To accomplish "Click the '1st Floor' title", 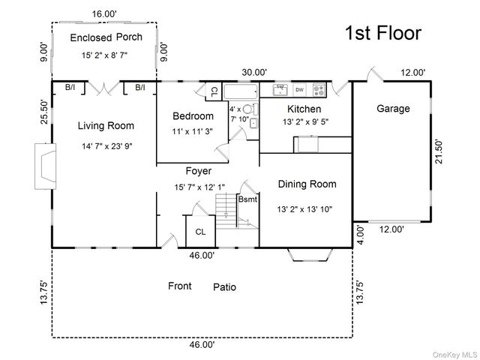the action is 383,33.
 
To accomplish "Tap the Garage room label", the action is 393,109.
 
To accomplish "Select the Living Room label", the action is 106,126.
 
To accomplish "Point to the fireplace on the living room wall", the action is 45,166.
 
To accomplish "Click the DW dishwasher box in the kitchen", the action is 300,90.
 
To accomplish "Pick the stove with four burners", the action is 319,90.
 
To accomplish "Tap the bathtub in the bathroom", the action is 241,91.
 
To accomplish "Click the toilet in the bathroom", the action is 250,109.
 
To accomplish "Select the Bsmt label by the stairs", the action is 247,199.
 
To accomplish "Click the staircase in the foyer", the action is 226,211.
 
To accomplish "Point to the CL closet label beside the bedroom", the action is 214,91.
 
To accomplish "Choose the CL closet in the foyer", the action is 200,231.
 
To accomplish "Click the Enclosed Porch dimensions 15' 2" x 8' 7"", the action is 104,55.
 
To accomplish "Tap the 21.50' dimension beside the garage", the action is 438,151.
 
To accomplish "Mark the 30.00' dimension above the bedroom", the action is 254,73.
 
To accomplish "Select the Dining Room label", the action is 307,184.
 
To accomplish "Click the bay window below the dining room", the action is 310,255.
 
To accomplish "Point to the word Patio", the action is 225,287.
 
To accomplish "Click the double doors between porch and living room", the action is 104,88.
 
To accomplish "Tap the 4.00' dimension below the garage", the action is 361,235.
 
